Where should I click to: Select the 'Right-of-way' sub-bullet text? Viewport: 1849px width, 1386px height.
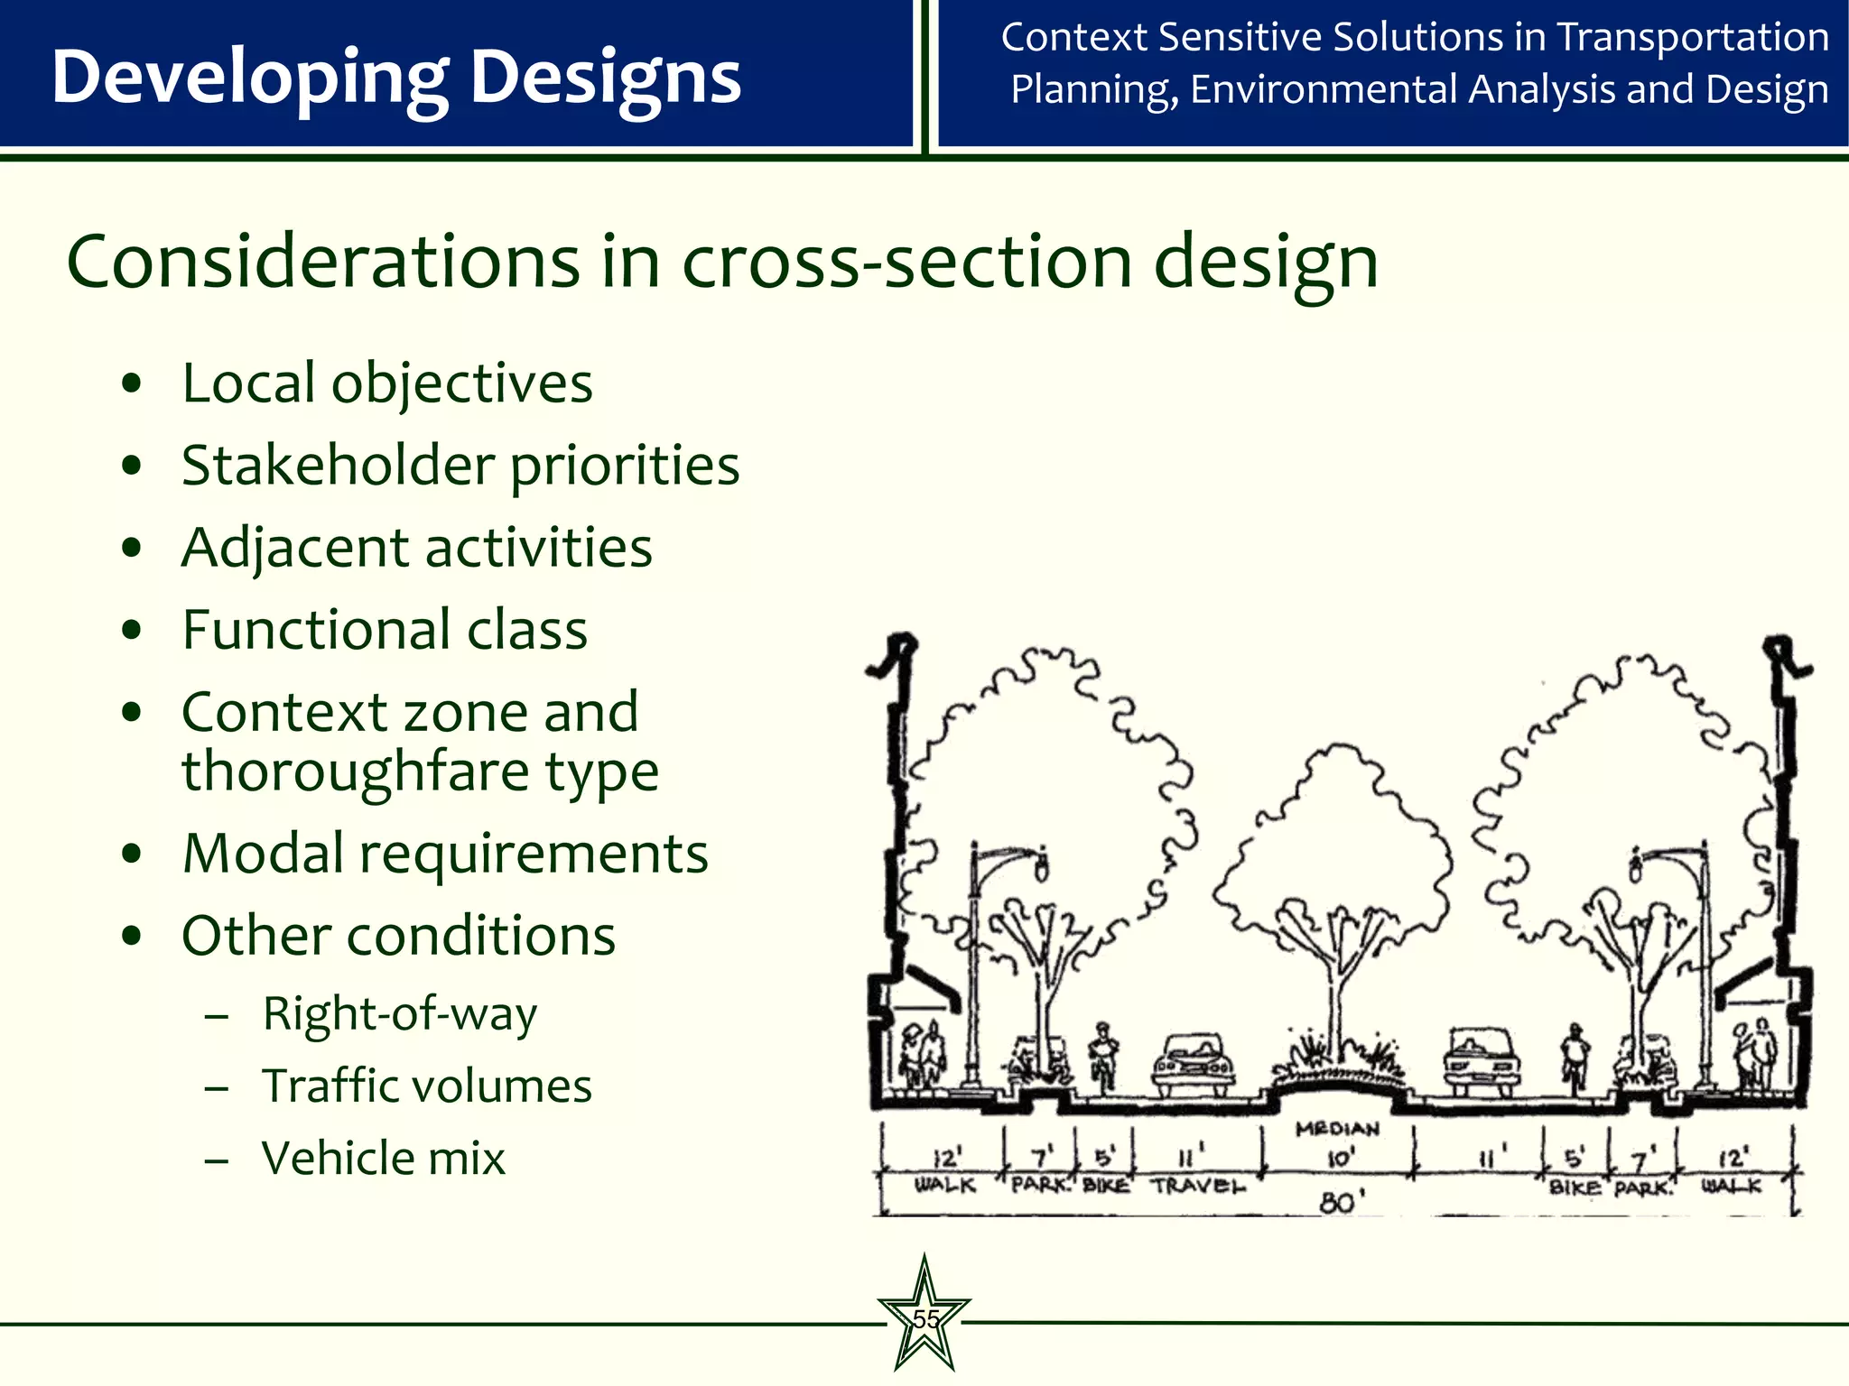[399, 1014]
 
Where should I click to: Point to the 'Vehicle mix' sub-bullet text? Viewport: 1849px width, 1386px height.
[383, 1159]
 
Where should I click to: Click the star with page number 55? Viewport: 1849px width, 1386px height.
[924, 1317]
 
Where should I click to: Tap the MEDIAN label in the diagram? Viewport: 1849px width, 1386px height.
[1337, 1129]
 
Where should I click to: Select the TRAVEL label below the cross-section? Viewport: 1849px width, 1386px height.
[1196, 1186]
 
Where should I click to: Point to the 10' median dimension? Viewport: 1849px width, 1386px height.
[1339, 1157]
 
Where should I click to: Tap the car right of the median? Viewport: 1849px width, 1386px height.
[1481, 1059]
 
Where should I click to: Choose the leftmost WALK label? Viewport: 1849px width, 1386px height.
[944, 1185]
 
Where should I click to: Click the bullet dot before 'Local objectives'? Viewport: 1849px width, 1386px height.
[132, 383]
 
